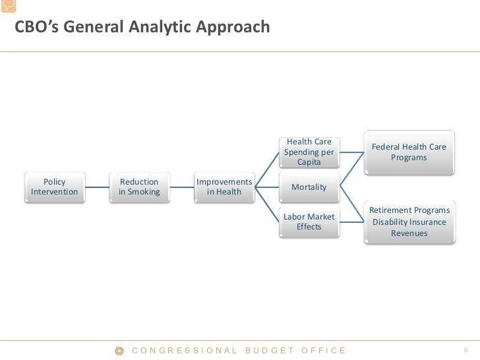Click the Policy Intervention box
coord(54,187)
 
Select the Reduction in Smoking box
coord(139,187)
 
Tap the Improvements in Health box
coord(224,187)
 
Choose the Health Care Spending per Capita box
coord(309,152)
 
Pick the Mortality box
coord(309,187)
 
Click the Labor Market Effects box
coord(309,222)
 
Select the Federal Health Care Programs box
coord(409,152)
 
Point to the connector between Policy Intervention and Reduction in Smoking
coord(96,187)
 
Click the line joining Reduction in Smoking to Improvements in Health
coord(181,187)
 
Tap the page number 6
coord(465,350)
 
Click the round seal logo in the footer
coord(120,351)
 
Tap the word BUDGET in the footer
coord(270,351)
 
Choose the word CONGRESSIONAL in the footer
coord(185,351)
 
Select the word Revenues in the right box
coord(409,233)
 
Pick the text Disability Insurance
coord(409,222)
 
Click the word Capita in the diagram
coord(309,162)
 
